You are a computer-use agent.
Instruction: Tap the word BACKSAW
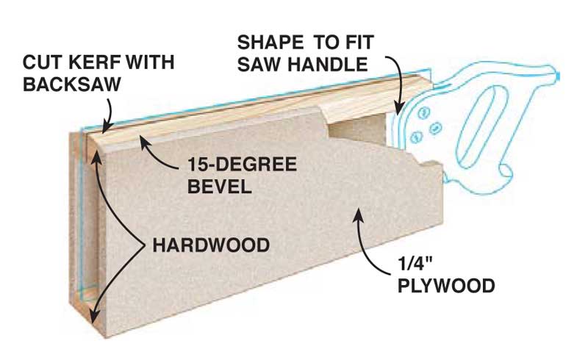pyautogui.click(x=71, y=84)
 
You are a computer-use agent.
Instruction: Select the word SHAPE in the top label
pyautogui.click(x=270, y=43)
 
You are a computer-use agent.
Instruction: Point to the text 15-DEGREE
pyautogui.click(x=243, y=165)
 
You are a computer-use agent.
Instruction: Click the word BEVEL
pyautogui.click(x=219, y=187)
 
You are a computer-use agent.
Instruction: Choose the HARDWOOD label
pyautogui.click(x=211, y=245)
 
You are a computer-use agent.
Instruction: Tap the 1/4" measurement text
pyautogui.click(x=415, y=264)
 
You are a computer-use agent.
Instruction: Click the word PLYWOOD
pyautogui.click(x=446, y=286)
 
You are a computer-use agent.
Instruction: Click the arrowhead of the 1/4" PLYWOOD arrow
pyautogui.click(x=358, y=214)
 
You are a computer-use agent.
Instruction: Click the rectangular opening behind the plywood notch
pyautogui.click(x=357, y=129)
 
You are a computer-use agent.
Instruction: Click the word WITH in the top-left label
pyautogui.click(x=149, y=62)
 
